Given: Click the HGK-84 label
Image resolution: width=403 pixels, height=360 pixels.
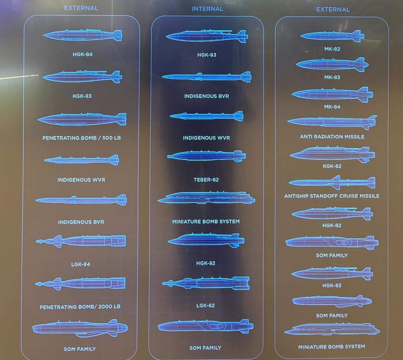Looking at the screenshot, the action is point(83,54).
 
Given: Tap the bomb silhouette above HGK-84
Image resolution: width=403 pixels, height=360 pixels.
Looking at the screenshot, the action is point(82,36).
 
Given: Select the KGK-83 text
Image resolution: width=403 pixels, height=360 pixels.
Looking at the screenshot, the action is point(82,96).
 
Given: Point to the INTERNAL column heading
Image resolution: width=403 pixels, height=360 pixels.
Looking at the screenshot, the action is point(207,9).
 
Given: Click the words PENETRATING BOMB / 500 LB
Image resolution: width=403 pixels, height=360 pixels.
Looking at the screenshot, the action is point(82,138).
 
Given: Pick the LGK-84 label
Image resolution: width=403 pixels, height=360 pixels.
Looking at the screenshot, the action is point(81,264).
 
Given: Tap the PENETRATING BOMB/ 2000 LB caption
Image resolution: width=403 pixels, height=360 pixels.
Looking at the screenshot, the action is point(80,307).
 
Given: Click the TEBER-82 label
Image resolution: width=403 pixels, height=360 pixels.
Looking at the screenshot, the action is point(206,180).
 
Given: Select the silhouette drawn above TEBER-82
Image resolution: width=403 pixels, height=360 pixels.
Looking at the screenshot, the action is point(206,156).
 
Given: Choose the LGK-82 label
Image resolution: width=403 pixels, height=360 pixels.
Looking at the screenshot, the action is point(205,306).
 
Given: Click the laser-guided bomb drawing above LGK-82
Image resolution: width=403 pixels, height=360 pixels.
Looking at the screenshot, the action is point(206,283).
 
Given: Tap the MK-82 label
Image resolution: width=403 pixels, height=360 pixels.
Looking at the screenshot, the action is point(332,49).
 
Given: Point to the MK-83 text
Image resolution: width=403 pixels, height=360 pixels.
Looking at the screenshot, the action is point(332,77).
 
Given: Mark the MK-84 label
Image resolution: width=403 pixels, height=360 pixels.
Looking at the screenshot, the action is point(332,107).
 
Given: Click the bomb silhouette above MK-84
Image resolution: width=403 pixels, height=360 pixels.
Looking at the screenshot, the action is point(332,95).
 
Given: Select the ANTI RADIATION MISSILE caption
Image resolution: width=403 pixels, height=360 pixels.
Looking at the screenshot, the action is point(332,137).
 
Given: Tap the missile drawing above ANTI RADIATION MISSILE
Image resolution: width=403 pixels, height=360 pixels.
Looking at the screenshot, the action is point(332,122).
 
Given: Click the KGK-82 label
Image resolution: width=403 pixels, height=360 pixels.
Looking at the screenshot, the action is point(332,166).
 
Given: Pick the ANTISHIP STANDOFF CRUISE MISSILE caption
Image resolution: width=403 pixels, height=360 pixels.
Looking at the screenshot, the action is point(332,196).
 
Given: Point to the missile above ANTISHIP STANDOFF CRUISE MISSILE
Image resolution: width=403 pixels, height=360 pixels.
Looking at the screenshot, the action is point(332,182).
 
